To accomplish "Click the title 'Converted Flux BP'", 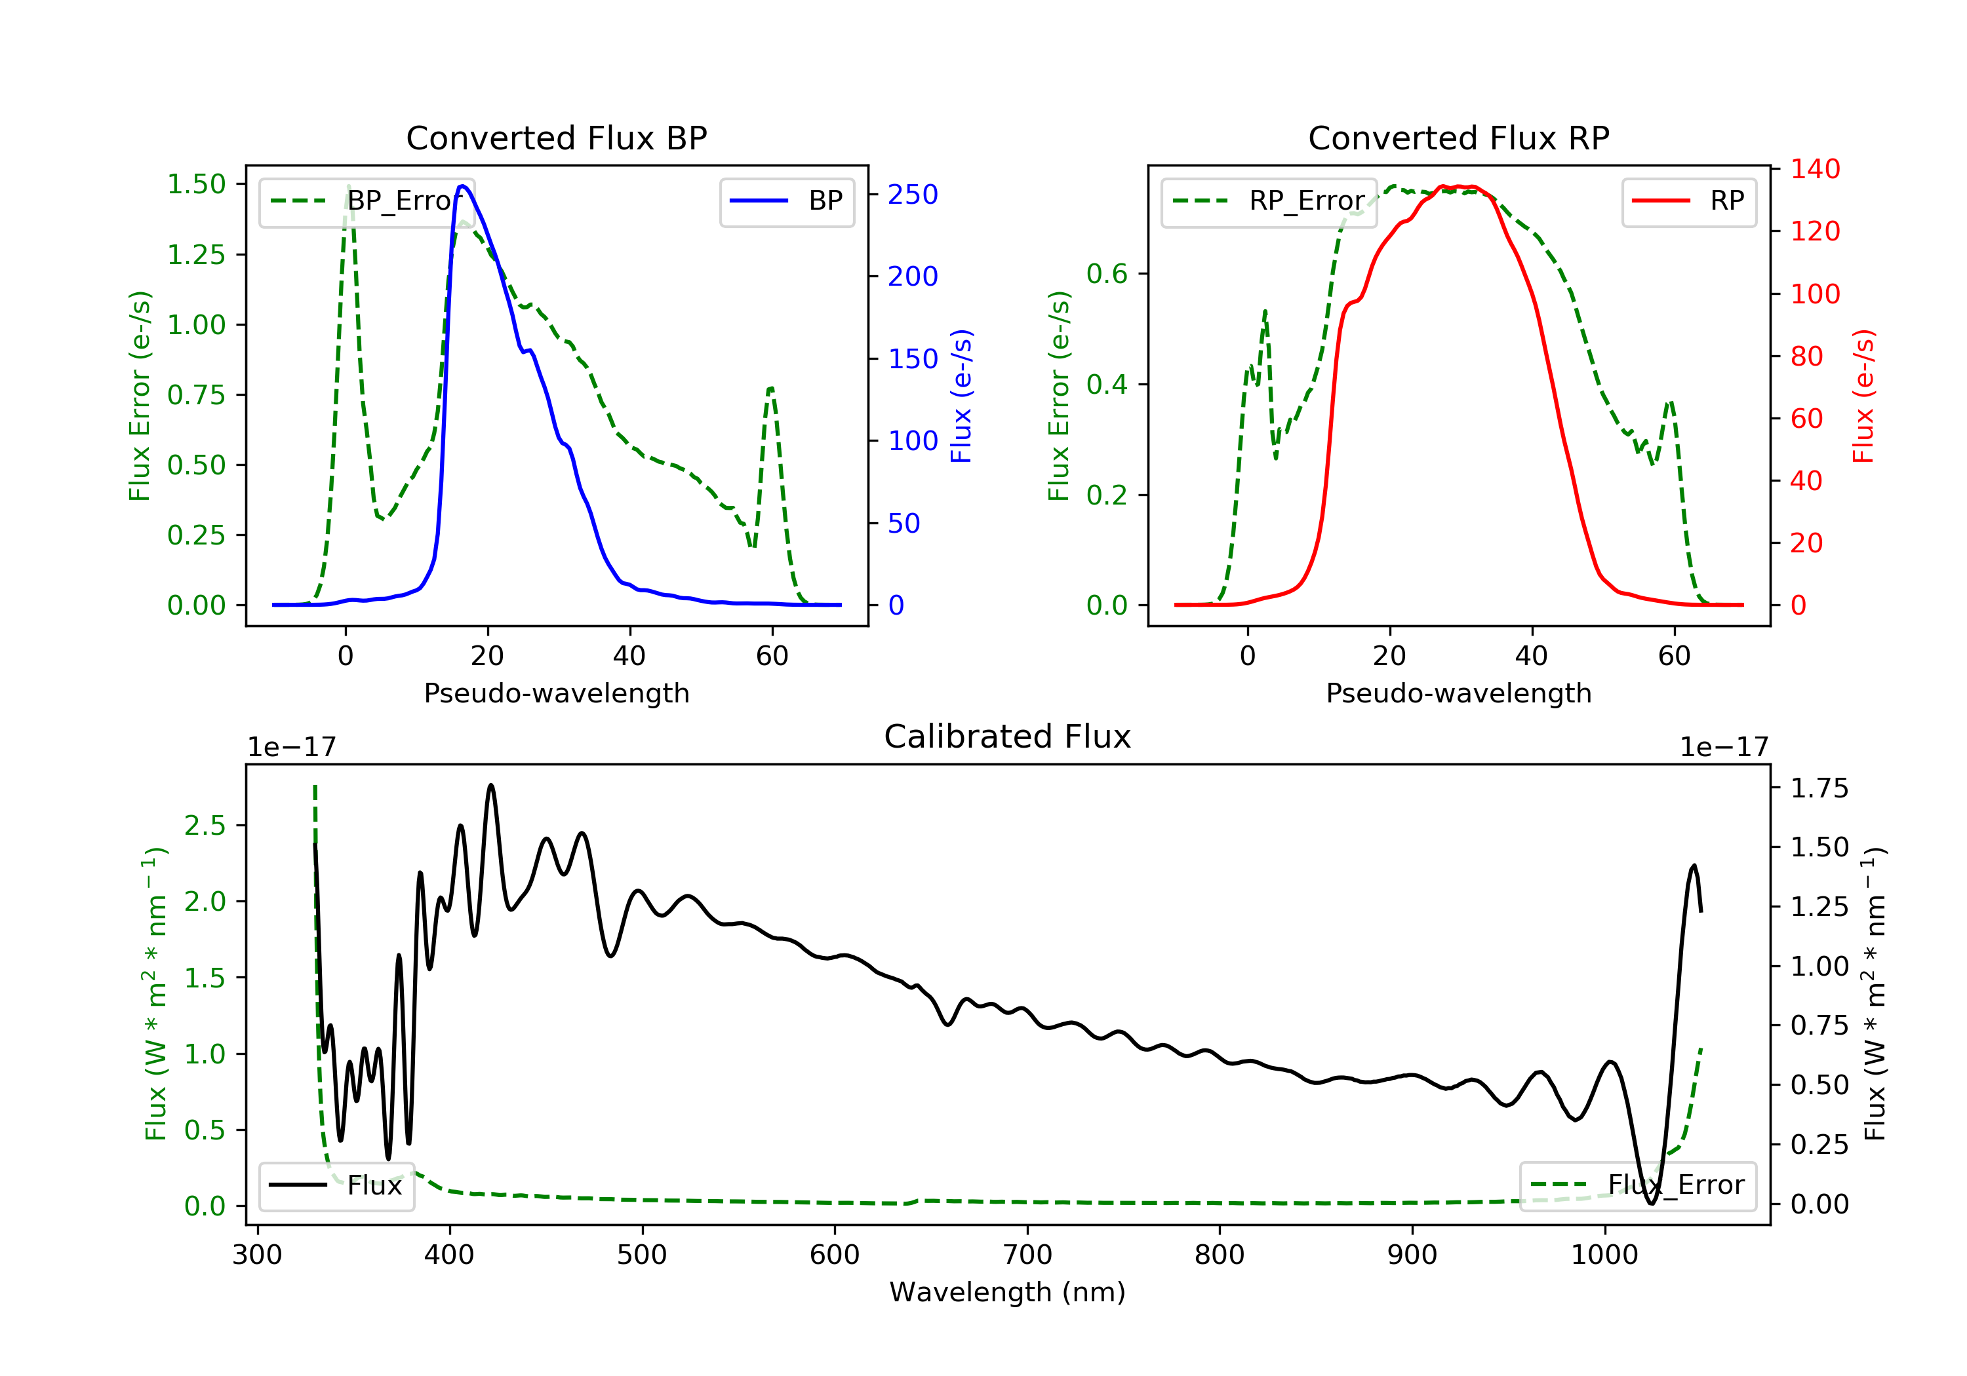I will point(556,138).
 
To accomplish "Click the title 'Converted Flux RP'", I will point(1458,138).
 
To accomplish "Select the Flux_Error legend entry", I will point(1638,1185).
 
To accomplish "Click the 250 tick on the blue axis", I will point(913,195).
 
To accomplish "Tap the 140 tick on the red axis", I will point(1814,168).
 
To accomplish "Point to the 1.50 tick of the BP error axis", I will point(196,184).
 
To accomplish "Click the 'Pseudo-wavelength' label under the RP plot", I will point(1458,693).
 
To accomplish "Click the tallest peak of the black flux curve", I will point(491,784).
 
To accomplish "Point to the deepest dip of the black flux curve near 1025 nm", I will point(1651,1203).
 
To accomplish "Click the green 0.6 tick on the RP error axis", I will point(1107,274).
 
